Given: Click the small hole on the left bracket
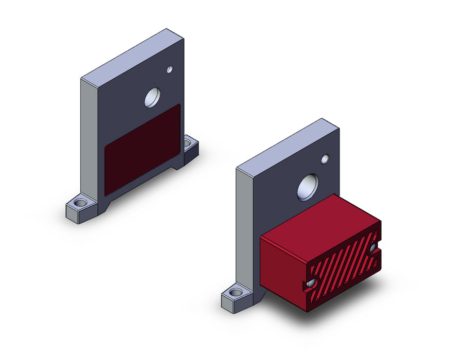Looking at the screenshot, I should [x=169, y=69].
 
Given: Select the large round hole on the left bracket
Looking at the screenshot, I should [x=152, y=97].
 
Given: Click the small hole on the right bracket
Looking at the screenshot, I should [x=325, y=159].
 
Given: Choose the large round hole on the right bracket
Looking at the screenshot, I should [x=308, y=187].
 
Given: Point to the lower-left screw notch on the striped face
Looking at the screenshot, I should [x=310, y=284].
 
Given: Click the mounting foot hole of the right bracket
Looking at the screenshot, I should [x=236, y=293].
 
